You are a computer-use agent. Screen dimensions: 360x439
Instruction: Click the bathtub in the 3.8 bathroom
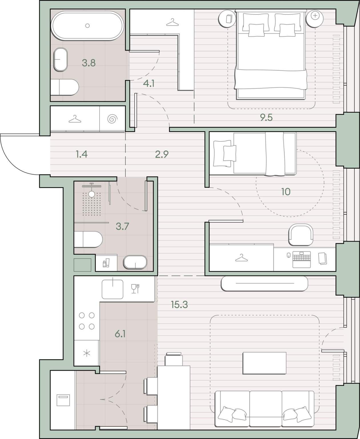tap(87, 26)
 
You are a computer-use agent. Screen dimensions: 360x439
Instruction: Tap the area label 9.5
tap(266, 117)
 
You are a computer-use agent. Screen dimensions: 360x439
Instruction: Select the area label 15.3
tap(179, 305)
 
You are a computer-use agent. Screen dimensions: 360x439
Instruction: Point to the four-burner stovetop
tap(87, 321)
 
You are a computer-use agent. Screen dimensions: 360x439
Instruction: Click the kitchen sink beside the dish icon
tap(112, 289)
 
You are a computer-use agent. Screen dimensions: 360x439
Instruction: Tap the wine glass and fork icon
tap(135, 289)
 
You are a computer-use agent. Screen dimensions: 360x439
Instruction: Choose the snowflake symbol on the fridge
tap(87, 353)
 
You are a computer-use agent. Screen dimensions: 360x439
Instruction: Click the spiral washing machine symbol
tap(112, 119)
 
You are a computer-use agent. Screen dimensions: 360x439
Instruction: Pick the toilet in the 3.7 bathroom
tap(89, 240)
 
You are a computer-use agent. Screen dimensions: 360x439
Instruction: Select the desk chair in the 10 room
tap(301, 235)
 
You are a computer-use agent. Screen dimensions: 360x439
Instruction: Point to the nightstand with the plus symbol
tap(315, 19)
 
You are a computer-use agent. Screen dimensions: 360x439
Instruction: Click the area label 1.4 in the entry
tap(82, 154)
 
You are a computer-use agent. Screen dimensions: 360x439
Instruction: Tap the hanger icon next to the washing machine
tap(75, 119)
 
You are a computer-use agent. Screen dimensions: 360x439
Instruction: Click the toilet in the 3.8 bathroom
tap(65, 87)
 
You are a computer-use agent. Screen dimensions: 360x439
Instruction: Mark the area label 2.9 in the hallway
tap(162, 154)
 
